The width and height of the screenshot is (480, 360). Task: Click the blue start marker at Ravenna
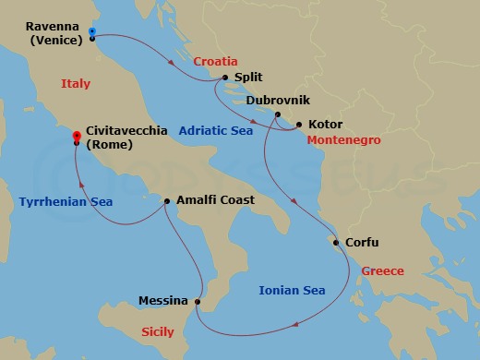[92, 32]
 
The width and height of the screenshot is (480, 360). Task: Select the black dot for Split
[226, 78]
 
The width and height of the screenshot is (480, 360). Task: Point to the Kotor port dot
[299, 123]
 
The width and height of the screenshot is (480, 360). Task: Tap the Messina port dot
[198, 301]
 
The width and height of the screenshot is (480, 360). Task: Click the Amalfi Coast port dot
[166, 200]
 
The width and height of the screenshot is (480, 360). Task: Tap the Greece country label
[383, 271]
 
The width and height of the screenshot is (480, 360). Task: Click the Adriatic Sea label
[214, 131]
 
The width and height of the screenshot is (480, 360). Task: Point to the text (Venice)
[57, 40]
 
